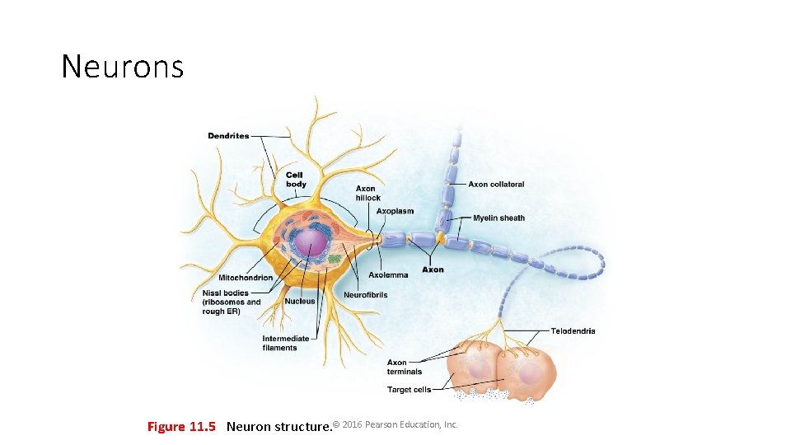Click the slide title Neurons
(122, 66)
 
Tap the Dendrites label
(228, 136)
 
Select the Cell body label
(296, 180)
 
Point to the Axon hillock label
(367, 194)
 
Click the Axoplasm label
(395, 212)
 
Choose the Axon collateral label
(496, 185)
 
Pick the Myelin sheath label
(498, 218)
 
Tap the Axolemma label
(388, 275)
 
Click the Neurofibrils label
(365, 295)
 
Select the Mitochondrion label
(246, 278)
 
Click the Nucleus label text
(300, 302)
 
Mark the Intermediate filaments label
(285, 343)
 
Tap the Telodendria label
(573, 331)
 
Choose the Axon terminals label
(404, 367)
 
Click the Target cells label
(409, 390)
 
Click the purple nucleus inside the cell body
(311, 245)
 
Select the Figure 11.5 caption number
(180, 426)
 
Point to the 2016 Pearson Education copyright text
(395, 424)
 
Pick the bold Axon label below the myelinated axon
(433, 269)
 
